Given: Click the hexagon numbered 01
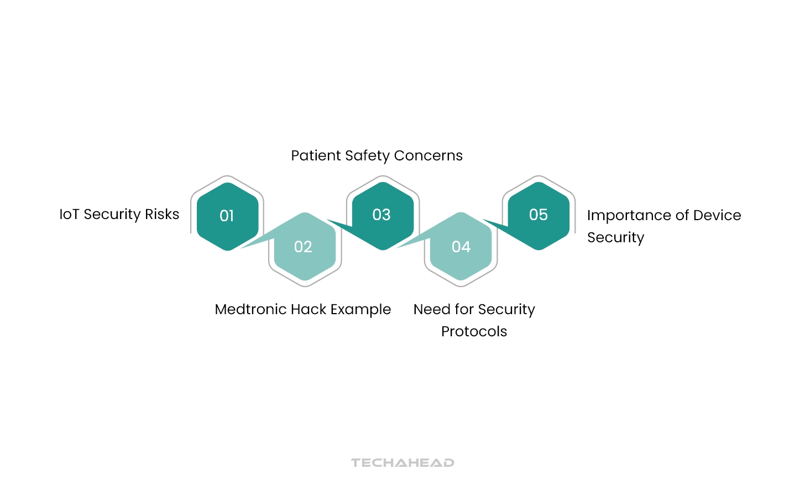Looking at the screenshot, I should (227, 216).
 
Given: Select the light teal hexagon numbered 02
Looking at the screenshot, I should (304, 247).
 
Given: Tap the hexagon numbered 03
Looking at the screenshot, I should (382, 215).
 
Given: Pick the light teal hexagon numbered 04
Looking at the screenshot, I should (461, 247).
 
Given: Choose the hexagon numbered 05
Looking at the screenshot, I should (539, 215).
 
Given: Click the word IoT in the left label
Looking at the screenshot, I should (69, 215).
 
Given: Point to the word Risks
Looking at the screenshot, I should (162, 215).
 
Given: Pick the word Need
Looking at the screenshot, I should (431, 310).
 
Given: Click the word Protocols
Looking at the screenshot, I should (474, 332).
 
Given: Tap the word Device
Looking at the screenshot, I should (717, 216).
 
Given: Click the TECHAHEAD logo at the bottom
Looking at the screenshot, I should (402, 463).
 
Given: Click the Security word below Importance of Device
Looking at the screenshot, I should (615, 238).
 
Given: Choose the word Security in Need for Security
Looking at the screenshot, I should (506, 310).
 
